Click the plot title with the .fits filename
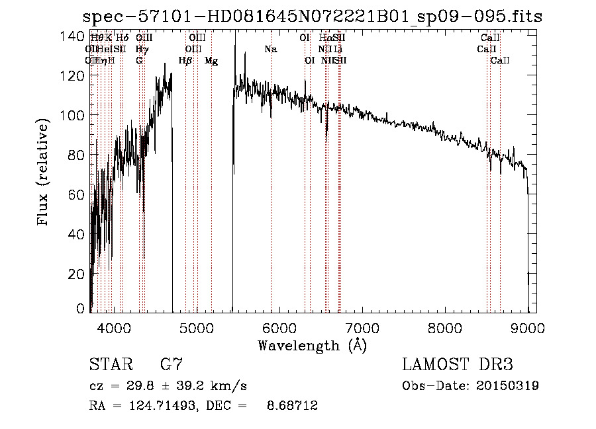point(311,17)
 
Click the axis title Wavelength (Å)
point(311,345)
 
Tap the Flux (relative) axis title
point(44,173)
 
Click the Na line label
point(270,49)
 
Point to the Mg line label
point(211,61)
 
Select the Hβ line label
point(185,61)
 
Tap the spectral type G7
point(171,365)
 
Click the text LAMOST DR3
point(458,365)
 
